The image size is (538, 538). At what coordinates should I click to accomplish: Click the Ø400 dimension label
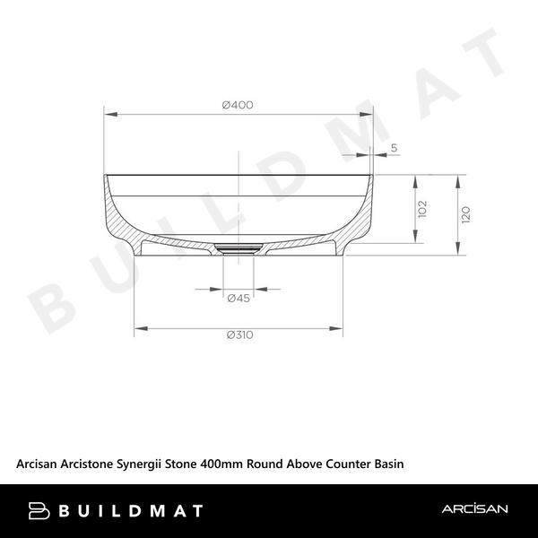238,105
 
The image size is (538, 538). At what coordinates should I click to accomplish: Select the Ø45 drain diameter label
238,298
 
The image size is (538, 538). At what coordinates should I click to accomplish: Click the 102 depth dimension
423,209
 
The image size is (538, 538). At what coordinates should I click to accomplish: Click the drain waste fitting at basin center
239,247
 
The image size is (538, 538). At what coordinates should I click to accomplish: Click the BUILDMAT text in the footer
131,510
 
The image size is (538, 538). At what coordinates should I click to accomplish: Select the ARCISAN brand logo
474,510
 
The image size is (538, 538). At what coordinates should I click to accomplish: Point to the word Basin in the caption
389,464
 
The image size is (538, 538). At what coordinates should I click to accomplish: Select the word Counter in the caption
345,464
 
